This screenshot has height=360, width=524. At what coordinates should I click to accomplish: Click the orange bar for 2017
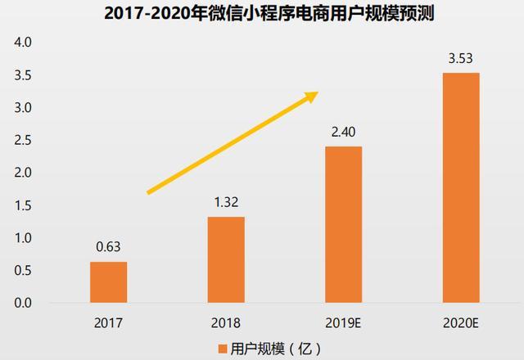108,282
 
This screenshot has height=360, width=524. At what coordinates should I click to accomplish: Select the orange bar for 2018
226,259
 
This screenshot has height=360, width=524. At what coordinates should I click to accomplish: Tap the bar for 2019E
343,225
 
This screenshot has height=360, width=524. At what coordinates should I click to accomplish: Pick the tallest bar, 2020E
461,188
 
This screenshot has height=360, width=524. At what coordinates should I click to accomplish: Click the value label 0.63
108,246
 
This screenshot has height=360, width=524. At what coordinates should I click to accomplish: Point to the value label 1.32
226,201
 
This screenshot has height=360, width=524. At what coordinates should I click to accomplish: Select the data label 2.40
343,131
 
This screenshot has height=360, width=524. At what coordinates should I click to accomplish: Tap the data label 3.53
461,57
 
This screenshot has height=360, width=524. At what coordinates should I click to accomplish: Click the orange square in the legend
223,349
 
